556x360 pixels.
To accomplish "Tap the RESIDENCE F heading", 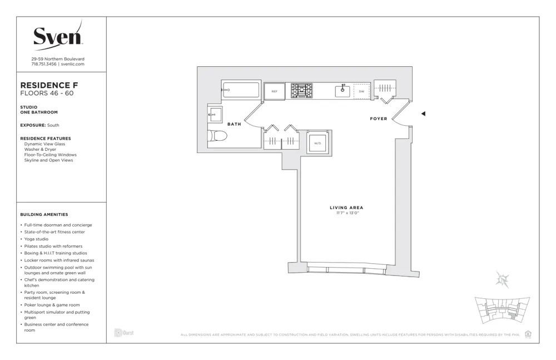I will tap(49, 85).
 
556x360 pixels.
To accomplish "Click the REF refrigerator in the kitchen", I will tap(274, 91).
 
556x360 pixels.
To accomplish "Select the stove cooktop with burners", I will tap(302, 91).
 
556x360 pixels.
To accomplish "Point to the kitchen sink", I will tap(342, 91).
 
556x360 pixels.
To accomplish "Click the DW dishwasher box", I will tap(361, 91).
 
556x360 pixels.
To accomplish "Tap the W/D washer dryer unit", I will tap(317, 143).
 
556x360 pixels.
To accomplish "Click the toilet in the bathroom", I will tap(218, 137).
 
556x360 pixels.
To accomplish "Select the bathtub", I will tap(241, 90).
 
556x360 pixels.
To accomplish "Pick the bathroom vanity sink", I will tap(215, 115).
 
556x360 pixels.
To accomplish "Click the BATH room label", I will tap(234, 124).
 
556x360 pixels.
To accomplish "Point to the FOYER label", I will tap(379, 119).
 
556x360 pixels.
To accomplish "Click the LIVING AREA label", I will tap(346, 208).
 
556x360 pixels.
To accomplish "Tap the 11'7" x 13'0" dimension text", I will tap(346, 213).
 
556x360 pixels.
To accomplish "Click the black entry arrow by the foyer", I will tap(423, 114).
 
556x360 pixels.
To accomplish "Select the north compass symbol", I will tap(503, 280).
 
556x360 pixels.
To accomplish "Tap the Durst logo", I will tap(123, 333).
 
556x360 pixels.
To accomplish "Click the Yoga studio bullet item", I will tap(36, 239).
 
